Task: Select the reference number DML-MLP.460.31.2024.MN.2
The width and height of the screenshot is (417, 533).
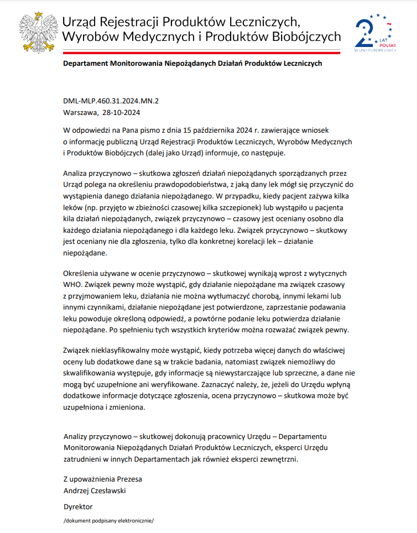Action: tap(111, 101)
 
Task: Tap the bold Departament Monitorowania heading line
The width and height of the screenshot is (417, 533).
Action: tap(192, 64)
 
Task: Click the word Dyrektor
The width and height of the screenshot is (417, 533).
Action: tap(78, 506)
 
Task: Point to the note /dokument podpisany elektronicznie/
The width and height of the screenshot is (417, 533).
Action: tap(108, 521)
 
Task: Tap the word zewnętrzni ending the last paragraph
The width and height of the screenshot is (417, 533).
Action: tap(282, 458)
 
